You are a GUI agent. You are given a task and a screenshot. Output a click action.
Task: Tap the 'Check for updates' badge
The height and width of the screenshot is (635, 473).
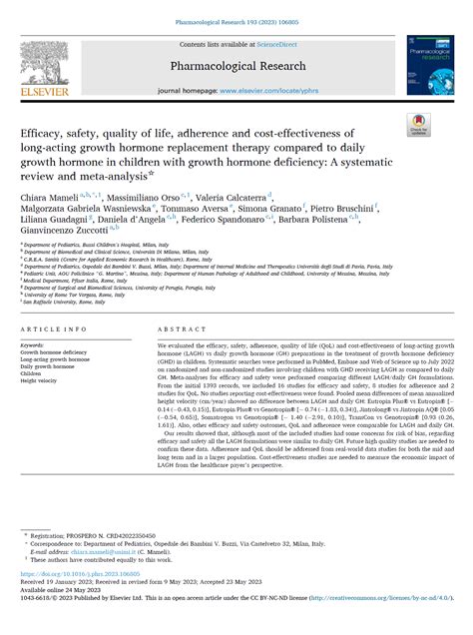[x=416, y=125]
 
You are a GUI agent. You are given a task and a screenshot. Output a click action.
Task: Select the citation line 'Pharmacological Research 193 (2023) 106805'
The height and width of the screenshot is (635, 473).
[x=236, y=20]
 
